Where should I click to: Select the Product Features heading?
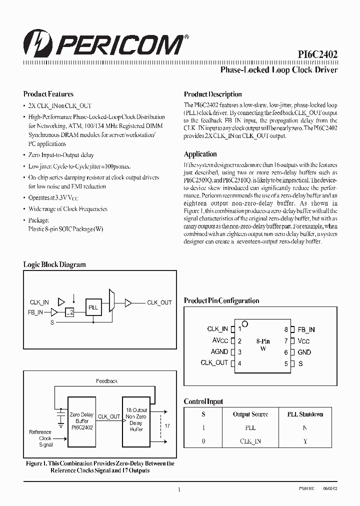(48, 94)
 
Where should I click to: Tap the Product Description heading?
(212, 94)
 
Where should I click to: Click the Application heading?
(200, 154)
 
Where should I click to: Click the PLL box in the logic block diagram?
(93, 308)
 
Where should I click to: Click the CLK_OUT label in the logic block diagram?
(159, 302)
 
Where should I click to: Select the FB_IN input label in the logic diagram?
(35, 312)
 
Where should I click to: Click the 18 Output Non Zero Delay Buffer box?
(136, 419)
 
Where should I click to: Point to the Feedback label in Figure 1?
(106, 381)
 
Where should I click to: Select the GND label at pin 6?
(304, 352)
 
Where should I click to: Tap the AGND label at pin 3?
(219, 351)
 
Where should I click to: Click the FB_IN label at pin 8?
(306, 329)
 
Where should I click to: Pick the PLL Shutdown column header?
(305, 414)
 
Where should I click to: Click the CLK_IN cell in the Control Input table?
(250, 441)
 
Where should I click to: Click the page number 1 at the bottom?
(179, 490)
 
